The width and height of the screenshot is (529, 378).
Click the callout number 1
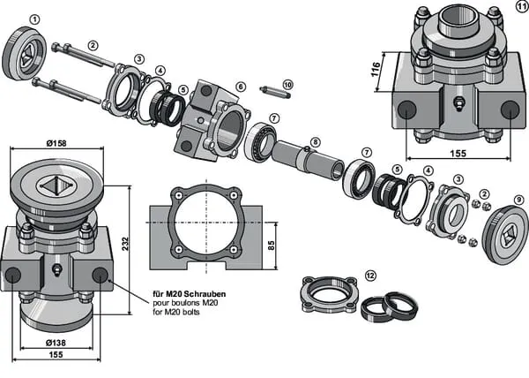click(34, 18)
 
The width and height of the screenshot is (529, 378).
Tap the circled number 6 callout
click(240, 87)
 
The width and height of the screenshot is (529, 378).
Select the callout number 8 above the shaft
click(315, 141)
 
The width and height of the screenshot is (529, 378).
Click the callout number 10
click(287, 84)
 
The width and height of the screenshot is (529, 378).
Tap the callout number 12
click(370, 276)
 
